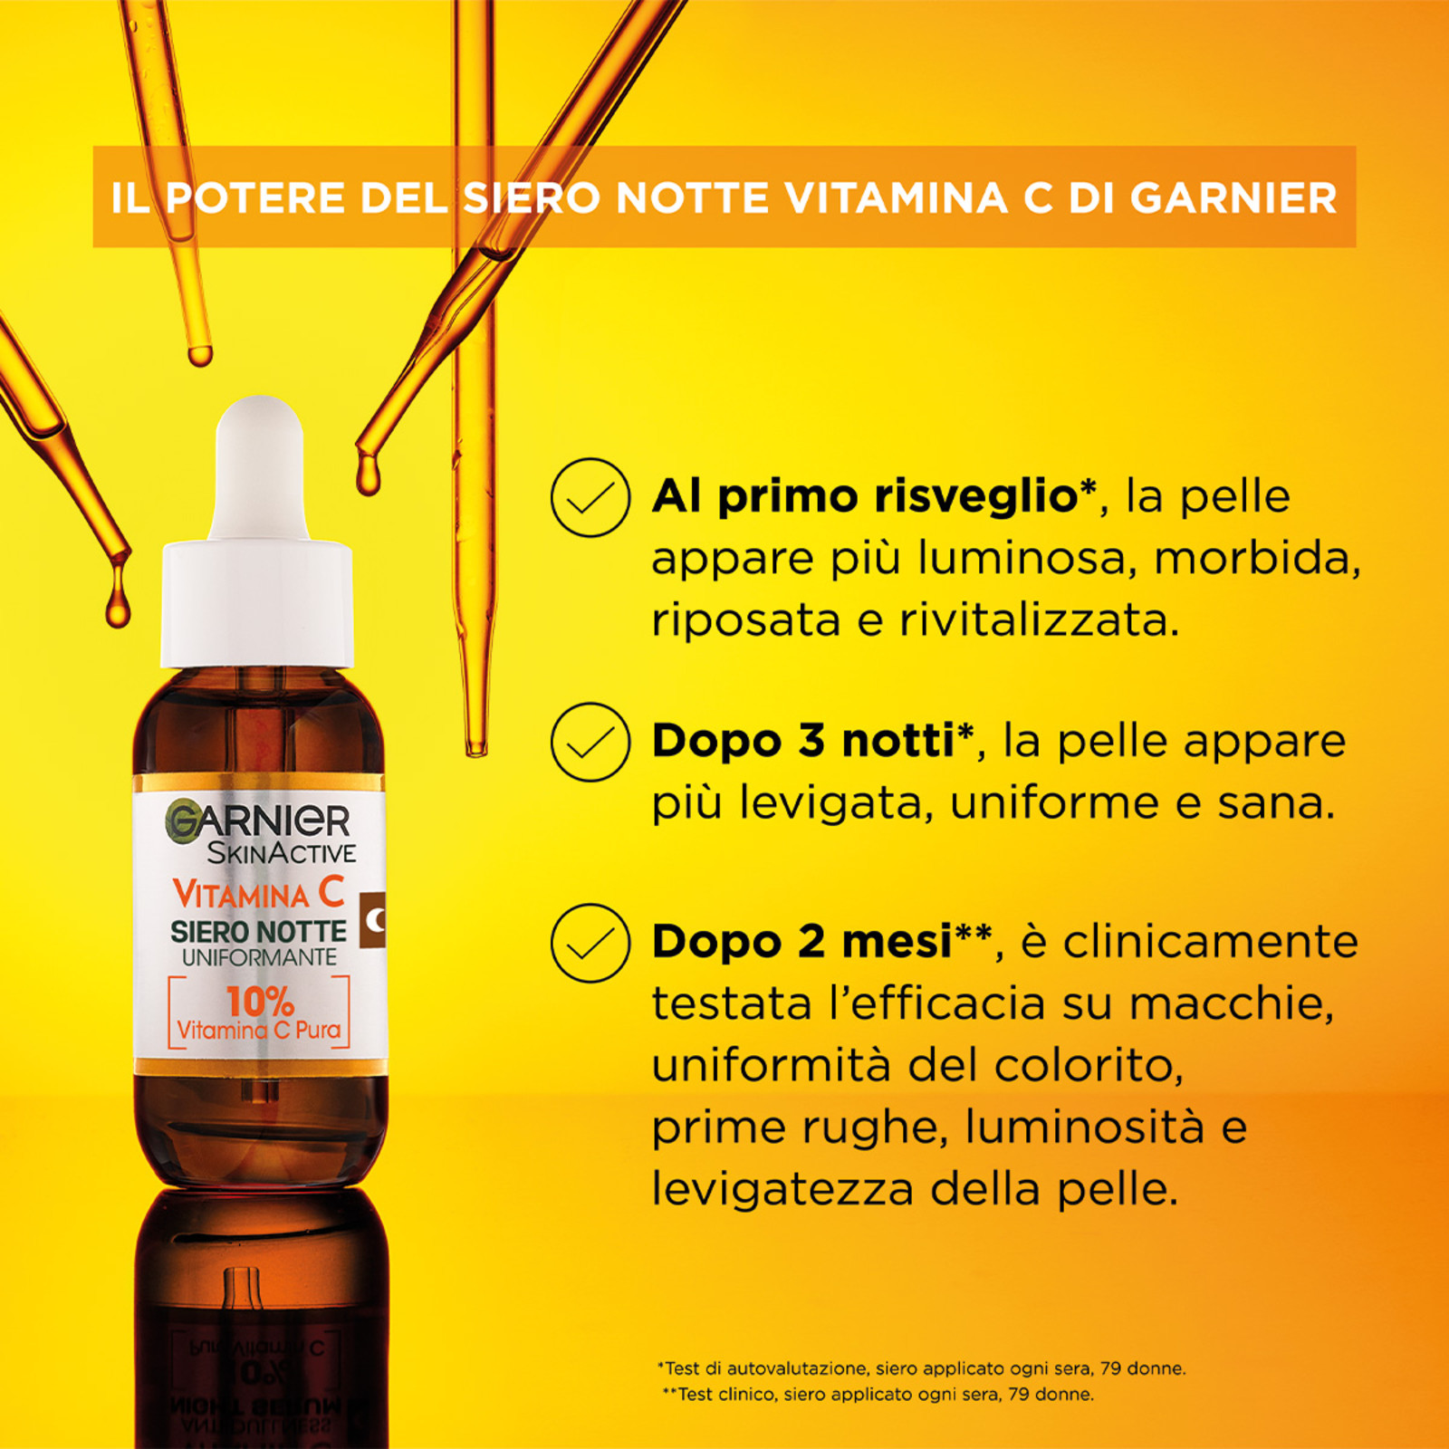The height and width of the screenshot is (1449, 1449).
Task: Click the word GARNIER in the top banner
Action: (x=1233, y=197)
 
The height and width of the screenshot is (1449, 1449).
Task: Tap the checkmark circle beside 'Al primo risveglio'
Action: (x=590, y=497)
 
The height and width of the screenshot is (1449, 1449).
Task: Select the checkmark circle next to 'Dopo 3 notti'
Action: (x=590, y=742)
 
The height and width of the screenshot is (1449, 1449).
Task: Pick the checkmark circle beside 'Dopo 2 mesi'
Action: (x=590, y=943)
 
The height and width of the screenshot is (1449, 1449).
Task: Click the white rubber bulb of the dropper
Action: (x=259, y=468)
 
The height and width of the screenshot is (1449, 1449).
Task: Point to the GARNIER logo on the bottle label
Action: (x=258, y=820)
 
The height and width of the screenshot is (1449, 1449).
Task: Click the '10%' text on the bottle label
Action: (x=260, y=1002)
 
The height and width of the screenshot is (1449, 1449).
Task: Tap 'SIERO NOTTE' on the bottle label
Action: (x=259, y=932)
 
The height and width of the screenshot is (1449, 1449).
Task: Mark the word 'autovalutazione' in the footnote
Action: (x=798, y=1368)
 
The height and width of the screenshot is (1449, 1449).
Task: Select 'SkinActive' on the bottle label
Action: (x=282, y=853)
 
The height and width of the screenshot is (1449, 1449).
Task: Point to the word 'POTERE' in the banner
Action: (x=255, y=197)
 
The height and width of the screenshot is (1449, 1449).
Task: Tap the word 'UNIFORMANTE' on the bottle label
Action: (x=259, y=957)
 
